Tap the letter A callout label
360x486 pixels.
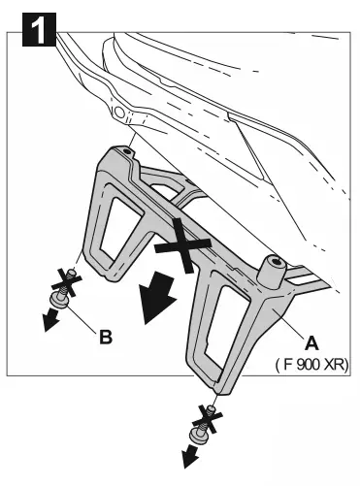311,341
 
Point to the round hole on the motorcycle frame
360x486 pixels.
118,113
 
